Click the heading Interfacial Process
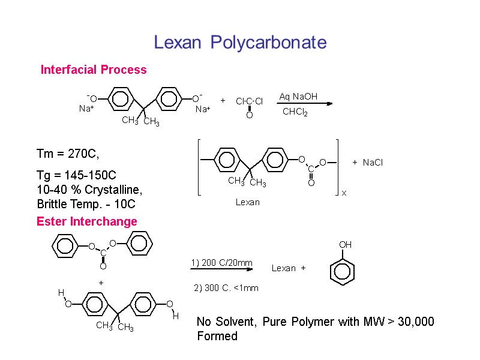point(94,70)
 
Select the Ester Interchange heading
point(87,221)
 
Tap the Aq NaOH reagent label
point(298,97)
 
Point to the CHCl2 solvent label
point(295,112)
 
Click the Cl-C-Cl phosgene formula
point(249,101)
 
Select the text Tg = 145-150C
point(76,175)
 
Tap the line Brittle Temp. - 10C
point(86,204)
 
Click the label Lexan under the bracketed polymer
point(247,202)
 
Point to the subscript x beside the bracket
point(344,194)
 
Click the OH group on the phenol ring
point(345,245)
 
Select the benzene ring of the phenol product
point(343,271)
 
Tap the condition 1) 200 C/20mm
point(221,263)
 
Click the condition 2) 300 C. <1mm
point(226,288)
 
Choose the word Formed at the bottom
point(217,336)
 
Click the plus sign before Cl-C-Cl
point(223,101)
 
